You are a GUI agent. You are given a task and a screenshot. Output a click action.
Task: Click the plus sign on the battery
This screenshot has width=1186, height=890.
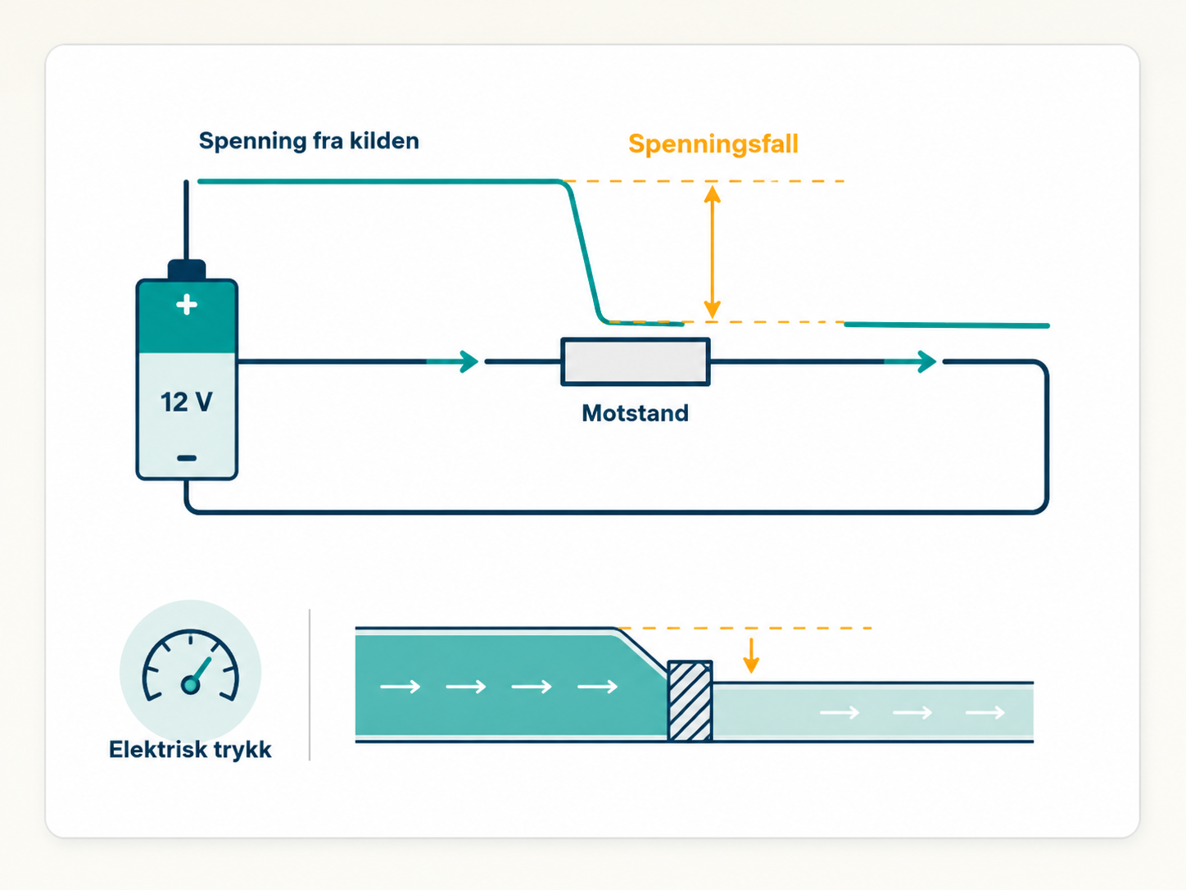click(187, 305)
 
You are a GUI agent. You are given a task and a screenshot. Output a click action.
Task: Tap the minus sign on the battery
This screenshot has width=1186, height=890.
click(187, 458)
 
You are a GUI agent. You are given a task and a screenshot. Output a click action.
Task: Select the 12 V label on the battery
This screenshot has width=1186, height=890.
click(187, 402)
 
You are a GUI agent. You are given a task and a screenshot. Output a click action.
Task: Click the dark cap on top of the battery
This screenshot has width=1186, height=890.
click(187, 270)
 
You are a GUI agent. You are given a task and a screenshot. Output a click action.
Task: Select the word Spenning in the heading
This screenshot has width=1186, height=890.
click(253, 142)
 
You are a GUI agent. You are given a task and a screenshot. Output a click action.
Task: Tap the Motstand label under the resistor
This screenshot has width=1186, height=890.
click(635, 413)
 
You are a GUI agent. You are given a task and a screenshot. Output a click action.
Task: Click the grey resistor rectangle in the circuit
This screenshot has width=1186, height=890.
click(636, 361)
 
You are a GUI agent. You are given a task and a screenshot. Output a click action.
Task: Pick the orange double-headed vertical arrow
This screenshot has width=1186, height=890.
click(712, 252)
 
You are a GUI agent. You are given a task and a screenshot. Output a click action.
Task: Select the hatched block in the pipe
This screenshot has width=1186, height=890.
click(690, 701)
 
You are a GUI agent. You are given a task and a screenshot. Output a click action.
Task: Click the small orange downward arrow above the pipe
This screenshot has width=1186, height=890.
click(751, 656)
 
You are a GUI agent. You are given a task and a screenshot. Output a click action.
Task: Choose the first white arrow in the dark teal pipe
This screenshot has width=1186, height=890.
click(401, 687)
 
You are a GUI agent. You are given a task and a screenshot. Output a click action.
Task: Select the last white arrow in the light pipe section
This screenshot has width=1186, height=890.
click(985, 713)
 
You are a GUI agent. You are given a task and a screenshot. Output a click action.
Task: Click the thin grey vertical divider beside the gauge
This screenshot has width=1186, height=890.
click(310, 684)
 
